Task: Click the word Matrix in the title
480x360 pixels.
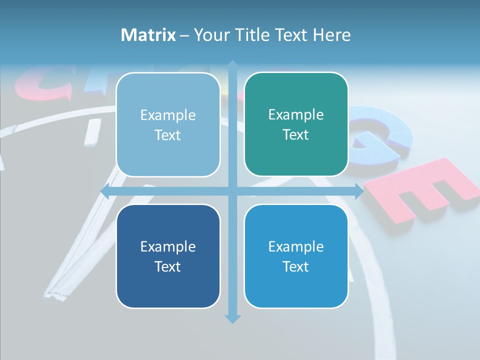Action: pos(148,35)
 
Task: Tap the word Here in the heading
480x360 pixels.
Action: pos(331,35)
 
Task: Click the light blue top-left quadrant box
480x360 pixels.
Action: pos(168,124)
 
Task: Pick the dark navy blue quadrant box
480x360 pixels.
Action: pos(168,256)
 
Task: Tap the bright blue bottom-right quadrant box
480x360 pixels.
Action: pos(296,256)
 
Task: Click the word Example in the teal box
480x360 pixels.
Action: pos(296,115)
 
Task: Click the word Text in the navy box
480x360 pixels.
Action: pos(168,266)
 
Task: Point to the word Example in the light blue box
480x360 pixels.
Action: pos(168,115)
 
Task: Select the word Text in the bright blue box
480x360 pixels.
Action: pos(296,266)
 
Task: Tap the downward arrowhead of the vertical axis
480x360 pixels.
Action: pos(232,318)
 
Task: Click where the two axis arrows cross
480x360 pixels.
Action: pos(232,191)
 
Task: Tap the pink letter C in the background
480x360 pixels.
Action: pos(42,85)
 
